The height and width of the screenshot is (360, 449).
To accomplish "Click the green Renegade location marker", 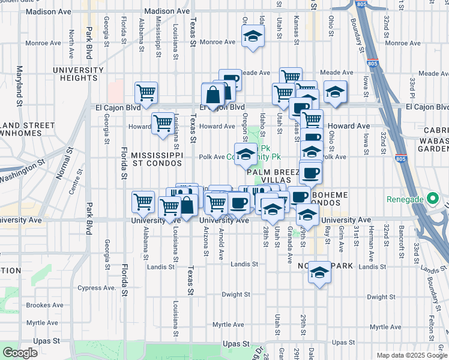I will pos(432,199).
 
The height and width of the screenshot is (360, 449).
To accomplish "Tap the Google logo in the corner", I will pos(20,352).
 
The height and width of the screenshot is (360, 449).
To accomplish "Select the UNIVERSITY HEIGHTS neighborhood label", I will pos(78,74).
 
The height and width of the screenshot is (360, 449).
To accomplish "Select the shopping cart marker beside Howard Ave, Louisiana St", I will pos(163,123).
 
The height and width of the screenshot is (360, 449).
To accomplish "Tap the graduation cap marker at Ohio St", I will pos(335,92).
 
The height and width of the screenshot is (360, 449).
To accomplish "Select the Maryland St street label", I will pos(20,86).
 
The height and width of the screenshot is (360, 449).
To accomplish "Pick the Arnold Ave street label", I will pos(221,243).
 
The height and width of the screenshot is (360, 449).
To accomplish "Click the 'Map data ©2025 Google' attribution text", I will pos(411,355).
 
